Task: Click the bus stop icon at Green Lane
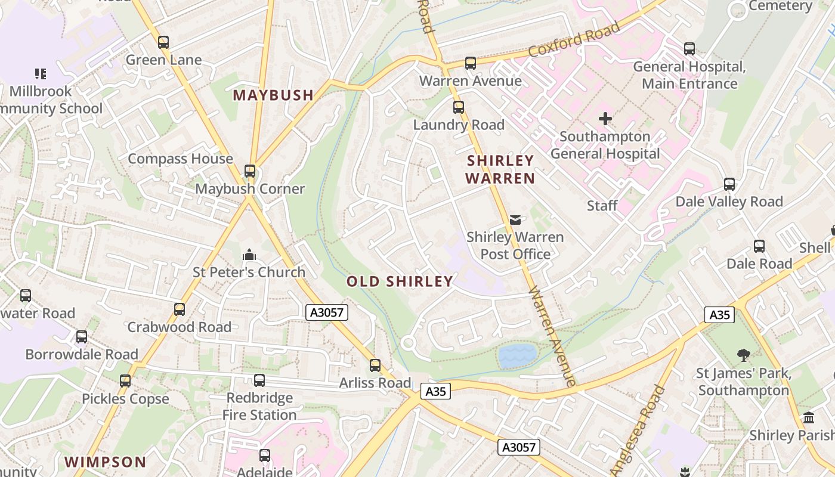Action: pos(163,42)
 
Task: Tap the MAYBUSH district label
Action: pos(273,95)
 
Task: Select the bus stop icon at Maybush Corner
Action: pos(250,171)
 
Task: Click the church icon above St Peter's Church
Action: pos(249,255)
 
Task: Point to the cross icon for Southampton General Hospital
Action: pos(605,119)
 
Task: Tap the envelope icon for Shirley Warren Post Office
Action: pos(515,220)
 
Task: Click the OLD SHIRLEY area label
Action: pos(400,281)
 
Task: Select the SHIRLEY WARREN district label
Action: pos(500,169)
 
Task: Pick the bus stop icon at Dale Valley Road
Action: pos(729,184)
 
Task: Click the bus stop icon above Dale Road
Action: pos(759,246)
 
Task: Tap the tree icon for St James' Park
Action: pos(743,356)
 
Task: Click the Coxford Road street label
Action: pos(574,41)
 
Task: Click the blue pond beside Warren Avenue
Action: pos(517,355)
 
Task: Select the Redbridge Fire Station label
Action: pos(259,406)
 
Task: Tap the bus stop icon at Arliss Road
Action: pos(375,366)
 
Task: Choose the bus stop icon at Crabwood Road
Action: pos(179,309)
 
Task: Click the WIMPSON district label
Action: pos(105,462)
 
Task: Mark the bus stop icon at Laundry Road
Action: pos(458,107)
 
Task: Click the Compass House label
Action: pos(180,159)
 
